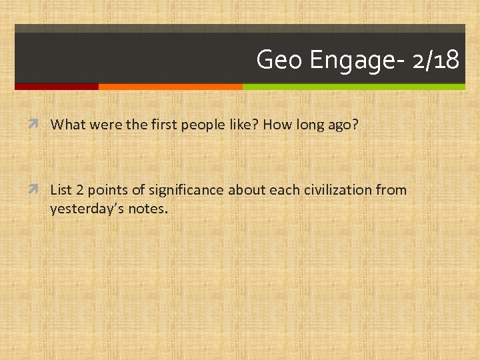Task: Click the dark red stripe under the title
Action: pyautogui.click(x=57, y=87)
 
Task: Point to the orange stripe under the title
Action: pyautogui.click(x=170, y=87)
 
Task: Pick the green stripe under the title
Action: pyautogui.click(x=353, y=87)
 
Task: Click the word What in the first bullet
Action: pyautogui.click(x=65, y=124)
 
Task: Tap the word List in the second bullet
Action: pyautogui.click(x=61, y=190)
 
